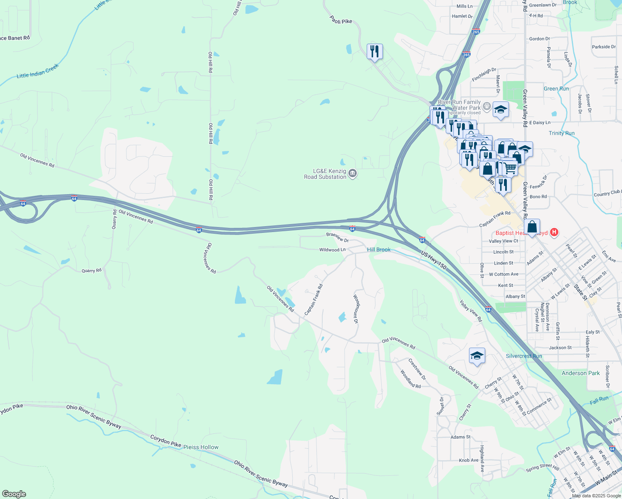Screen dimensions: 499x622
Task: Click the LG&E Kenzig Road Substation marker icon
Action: (x=353, y=173)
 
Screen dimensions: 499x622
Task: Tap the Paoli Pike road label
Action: (x=341, y=20)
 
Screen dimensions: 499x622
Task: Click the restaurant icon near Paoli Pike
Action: (x=375, y=52)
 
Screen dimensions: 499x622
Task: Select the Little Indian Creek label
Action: (x=38, y=71)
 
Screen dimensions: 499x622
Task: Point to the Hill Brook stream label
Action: (x=379, y=249)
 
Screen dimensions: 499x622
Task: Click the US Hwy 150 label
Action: (x=434, y=260)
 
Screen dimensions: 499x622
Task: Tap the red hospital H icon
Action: (x=554, y=232)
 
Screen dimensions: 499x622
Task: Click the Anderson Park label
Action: (x=580, y=373)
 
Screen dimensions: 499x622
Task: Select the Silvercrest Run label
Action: (x=524, y=356)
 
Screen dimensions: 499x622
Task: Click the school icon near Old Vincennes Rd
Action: (x=477, y=356)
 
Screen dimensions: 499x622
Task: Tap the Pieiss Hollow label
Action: (x=201, y=447)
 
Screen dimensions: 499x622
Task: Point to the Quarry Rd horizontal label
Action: (x=91, y=271)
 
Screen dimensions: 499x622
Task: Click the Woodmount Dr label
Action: (x=356, y=309)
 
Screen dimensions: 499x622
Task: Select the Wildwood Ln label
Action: (x=332, y=250)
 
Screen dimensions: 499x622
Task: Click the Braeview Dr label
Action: (x=337, y=237)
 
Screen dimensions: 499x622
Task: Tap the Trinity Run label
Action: (x=561, y=133)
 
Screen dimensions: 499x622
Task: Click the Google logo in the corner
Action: (x=14, y=494)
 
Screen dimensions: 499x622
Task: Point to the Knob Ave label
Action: (x=469, y=460)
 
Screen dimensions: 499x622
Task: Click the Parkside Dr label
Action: (x=604, y=47)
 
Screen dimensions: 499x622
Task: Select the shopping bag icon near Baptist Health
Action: (x=532, y=227)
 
